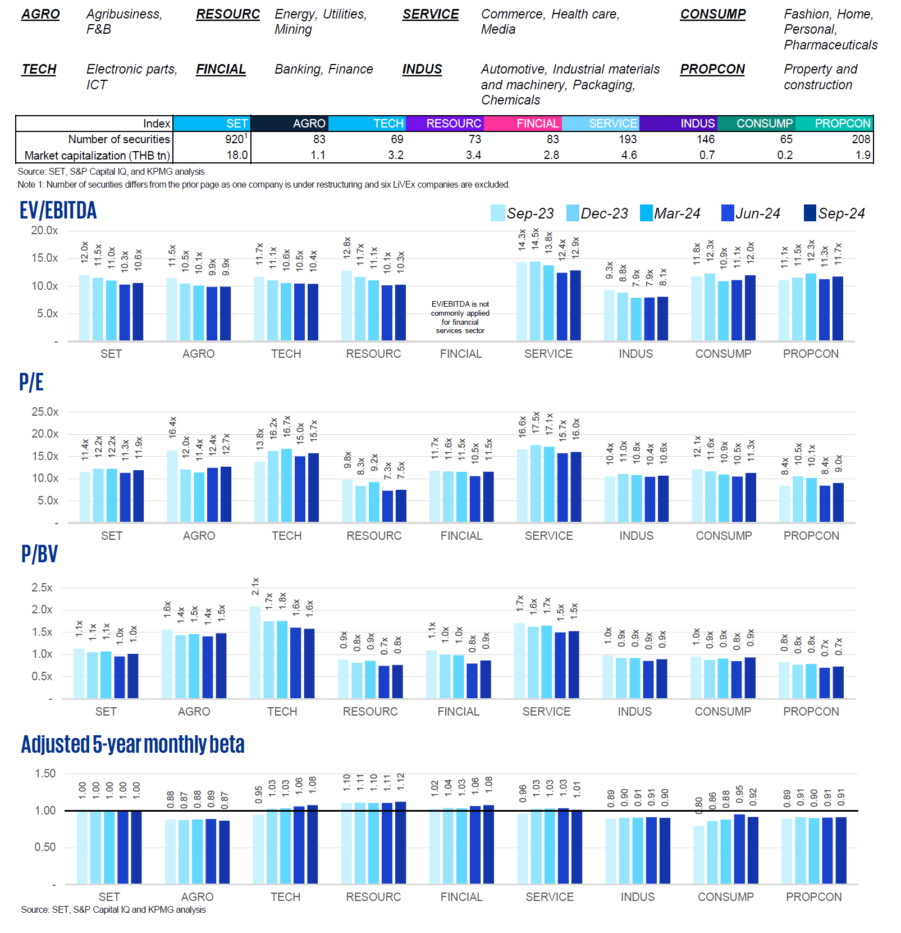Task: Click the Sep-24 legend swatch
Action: click(x=809, y=213)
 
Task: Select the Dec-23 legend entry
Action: click(x=597, y=213)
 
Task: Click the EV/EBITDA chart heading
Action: click(x=58, y=211)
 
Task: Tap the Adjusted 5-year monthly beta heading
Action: click(x=132, y=744)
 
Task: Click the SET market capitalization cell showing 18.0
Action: click(x=237, y=155)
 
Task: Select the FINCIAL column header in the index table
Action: click(x=537, y=124)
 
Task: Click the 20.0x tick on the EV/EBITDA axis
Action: click(x=44, y=230)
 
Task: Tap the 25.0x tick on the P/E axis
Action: click(x=45, y=412)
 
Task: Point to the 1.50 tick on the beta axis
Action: click(x=45, y=773)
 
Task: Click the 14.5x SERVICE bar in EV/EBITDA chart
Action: click(x=535, y=301)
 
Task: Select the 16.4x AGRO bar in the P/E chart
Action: click(x=172, y=486)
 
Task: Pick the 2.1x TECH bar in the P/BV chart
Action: click(x=255, y=652)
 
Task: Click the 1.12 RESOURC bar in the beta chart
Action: click(x=400, y=842)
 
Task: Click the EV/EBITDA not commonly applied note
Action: click(x=460, y=317)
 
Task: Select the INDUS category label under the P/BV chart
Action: click(x=634, y=712)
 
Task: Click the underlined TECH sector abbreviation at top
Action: click(x=39, y=69)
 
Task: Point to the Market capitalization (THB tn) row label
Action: click(x=97, y=156)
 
